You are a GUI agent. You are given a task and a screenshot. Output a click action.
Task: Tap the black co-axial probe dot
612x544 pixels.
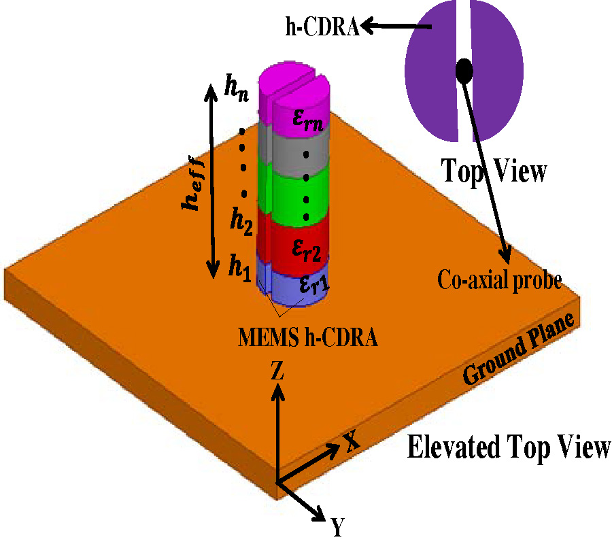(x=464, y=69)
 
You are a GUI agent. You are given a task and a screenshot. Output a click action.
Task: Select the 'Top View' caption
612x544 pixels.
(x=494, y=171)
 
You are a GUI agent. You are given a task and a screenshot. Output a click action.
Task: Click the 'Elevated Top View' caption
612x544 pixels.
(x=509, y=449)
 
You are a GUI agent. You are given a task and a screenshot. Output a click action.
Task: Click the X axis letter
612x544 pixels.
(x=350, y=442)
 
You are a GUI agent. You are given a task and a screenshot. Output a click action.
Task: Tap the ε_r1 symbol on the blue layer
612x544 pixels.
(x=310, y=286)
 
